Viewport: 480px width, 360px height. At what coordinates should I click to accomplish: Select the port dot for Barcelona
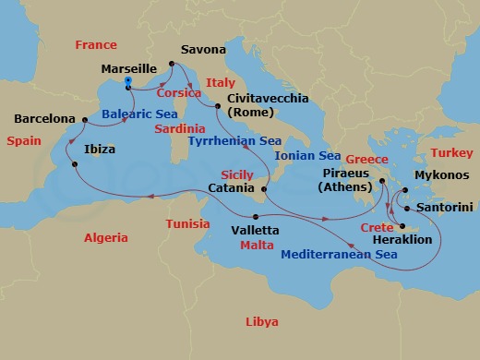pos(85,119)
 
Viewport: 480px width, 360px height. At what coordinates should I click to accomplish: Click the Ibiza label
pos(100,148)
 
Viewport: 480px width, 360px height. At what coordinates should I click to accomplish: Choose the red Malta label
pos(256,246)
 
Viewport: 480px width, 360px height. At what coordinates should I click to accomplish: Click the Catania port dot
pos(264,189)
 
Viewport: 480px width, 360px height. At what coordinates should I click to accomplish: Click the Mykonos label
pos(444,175)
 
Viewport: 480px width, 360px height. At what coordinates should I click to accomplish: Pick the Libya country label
pos(261,322)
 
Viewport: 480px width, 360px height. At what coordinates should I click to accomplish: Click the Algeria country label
pos(106,237)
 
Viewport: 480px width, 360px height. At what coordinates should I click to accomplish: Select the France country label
pos(96,44)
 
